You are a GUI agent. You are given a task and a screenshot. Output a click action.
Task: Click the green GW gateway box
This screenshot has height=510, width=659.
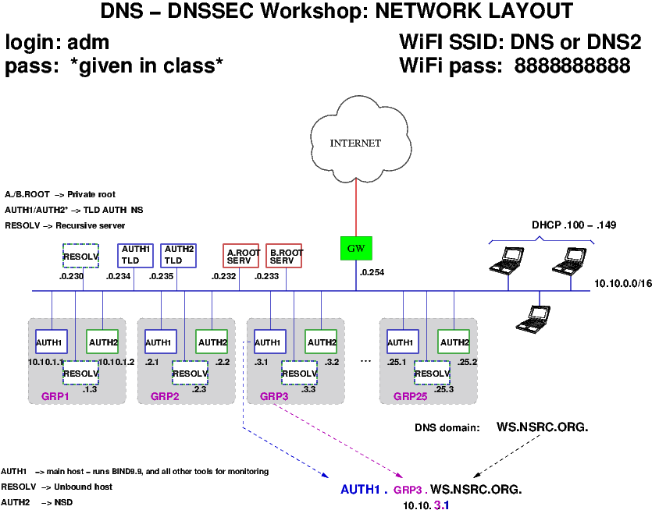tap(356, 249)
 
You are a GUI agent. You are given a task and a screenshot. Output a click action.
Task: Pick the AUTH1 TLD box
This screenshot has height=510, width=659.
tap(135, 256)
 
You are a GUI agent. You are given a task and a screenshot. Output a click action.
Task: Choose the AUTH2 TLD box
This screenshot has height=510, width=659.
tap(178, 256)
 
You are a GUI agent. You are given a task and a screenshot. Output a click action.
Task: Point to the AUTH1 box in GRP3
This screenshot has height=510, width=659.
tap(268, 342)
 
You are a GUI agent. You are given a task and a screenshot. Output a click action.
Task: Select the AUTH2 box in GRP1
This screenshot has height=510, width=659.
tap(103, 342)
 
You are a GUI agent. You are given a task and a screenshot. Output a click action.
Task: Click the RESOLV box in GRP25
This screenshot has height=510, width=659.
tap(432, 373)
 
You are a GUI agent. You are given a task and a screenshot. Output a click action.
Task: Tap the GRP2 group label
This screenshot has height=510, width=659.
tap(166, 396)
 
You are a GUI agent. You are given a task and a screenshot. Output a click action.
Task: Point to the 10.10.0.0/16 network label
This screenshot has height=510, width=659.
tap(622, 284)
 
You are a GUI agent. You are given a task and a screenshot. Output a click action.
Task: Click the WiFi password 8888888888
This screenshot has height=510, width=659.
tap(572, 66)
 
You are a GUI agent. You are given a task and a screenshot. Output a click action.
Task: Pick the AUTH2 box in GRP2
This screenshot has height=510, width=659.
tap(212, 342)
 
